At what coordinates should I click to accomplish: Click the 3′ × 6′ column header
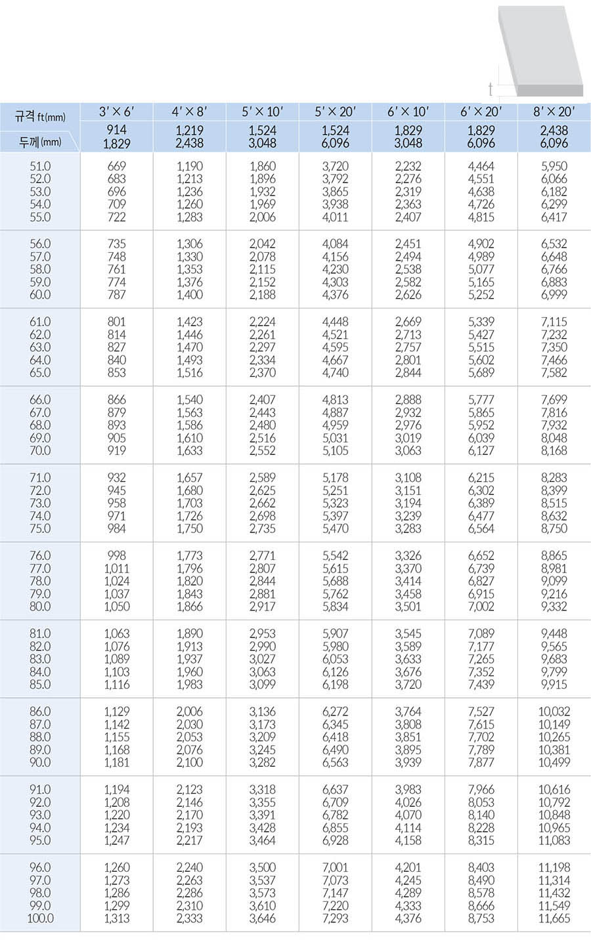[116, 112]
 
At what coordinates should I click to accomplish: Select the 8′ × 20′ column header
[554, 112]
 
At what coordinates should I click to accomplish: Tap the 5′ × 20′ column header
[335, 112]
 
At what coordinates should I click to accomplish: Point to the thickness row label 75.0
[40, 529]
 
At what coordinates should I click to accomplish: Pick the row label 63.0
[40, 347]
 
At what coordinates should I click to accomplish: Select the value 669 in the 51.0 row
[116, 166]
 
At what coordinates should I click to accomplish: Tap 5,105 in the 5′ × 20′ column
[335, 451]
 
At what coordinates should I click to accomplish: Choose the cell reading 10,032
[554, 712]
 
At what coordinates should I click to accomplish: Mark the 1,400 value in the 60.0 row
[189, 295]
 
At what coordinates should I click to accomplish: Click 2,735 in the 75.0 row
[262, 529]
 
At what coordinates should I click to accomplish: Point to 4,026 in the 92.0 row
[408, 802]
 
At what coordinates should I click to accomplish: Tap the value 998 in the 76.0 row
[116, 555]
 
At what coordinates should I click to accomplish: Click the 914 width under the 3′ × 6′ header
[116, 131]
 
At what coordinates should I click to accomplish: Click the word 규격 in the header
[26, 117]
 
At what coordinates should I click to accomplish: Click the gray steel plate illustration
[542, 49]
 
